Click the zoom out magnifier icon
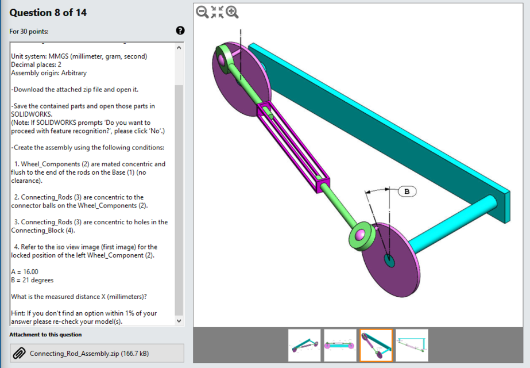202,12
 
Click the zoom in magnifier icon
233,12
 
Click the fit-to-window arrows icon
217,12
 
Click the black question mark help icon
180,30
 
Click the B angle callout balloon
407,191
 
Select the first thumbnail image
304,345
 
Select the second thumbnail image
340,345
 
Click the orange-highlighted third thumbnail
376,345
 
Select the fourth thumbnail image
412,345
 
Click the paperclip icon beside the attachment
19,353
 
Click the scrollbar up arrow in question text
179,48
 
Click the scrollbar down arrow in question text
179,321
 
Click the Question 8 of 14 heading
48,13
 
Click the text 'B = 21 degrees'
32,280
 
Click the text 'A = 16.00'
25,271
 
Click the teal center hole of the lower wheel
390,261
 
